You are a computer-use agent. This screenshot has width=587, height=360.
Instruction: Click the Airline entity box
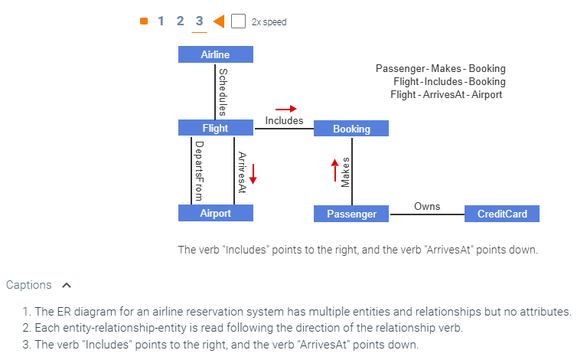[215, 54]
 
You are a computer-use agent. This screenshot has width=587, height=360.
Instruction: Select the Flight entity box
[215, 128]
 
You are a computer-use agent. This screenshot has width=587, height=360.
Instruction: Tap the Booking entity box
[351, 129]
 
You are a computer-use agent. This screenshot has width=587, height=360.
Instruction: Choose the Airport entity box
[215, 213]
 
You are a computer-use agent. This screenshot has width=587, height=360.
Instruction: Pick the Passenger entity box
[351, 214]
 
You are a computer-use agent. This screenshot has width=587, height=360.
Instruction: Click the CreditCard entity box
[501, 214]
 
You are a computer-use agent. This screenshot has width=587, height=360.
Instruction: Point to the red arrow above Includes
[285, 109]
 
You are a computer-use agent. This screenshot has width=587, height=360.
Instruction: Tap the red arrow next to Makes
[334, 170]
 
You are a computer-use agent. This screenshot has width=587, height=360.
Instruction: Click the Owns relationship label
[427, 207]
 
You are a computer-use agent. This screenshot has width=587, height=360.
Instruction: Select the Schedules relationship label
[223, 91]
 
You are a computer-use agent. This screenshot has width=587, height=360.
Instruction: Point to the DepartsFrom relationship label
[198, 170]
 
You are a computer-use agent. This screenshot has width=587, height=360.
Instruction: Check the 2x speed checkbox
[238, 21]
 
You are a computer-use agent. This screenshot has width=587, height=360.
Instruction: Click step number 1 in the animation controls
[161, 21]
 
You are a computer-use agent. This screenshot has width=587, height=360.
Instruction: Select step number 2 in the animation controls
[180, 21]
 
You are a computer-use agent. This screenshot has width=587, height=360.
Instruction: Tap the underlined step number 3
[199, 21]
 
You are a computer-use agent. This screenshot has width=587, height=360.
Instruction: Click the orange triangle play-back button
[218, 21]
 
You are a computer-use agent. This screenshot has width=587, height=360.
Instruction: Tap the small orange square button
[144, 21]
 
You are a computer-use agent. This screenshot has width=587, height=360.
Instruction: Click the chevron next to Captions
[66, 285]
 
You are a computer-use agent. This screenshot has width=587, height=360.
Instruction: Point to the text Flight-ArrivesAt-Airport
[446, 95]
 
